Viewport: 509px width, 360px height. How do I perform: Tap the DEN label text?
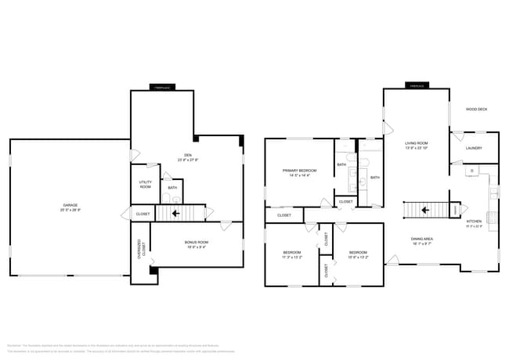[x=188, y=155]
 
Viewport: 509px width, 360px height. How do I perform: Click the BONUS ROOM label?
[x=197, y=243]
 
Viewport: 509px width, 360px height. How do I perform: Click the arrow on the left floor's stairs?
[x=176, y=213]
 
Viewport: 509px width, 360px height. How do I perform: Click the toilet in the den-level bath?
[x=171, y=199]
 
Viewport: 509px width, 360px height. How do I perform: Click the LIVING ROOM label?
[x=416, y=143]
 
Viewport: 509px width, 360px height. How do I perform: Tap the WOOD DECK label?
[x=476, y=110]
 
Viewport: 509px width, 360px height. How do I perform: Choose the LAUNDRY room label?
[x=473, y=148]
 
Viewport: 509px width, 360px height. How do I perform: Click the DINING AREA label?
[x=422, y=239]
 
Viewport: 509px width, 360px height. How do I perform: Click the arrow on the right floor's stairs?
[x=424, y=210]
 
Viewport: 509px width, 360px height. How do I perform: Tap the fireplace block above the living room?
[x=416, y=85]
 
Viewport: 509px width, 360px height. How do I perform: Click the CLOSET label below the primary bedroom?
[x=284, y=214]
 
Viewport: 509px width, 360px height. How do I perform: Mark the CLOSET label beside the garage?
[x=143, y=214]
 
